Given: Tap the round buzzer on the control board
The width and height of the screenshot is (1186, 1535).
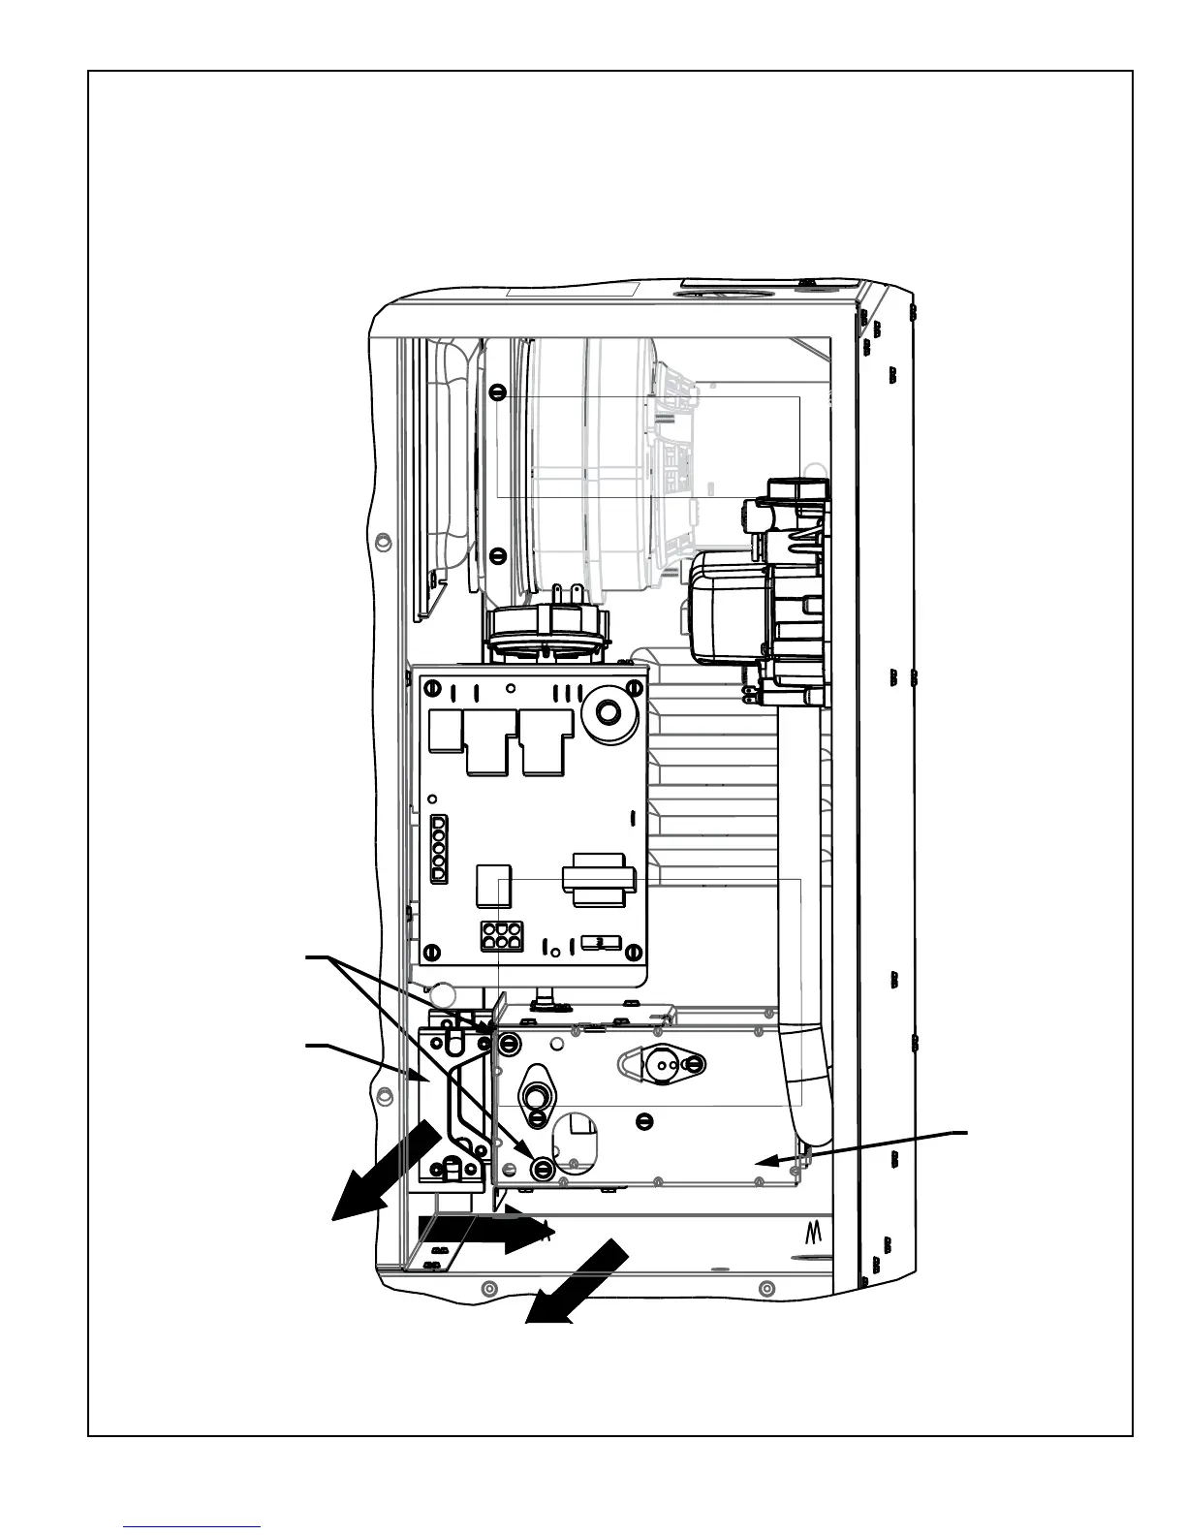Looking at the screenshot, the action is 607,712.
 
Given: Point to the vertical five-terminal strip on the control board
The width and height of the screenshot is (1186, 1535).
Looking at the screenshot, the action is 438,847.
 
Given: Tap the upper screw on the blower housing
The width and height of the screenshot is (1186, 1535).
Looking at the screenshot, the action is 497,392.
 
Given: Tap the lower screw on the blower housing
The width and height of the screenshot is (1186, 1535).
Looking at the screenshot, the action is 497,555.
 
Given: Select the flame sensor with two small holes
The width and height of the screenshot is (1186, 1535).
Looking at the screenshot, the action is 665,1063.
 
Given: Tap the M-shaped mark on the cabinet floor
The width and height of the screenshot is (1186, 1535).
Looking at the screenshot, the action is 813,1233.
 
